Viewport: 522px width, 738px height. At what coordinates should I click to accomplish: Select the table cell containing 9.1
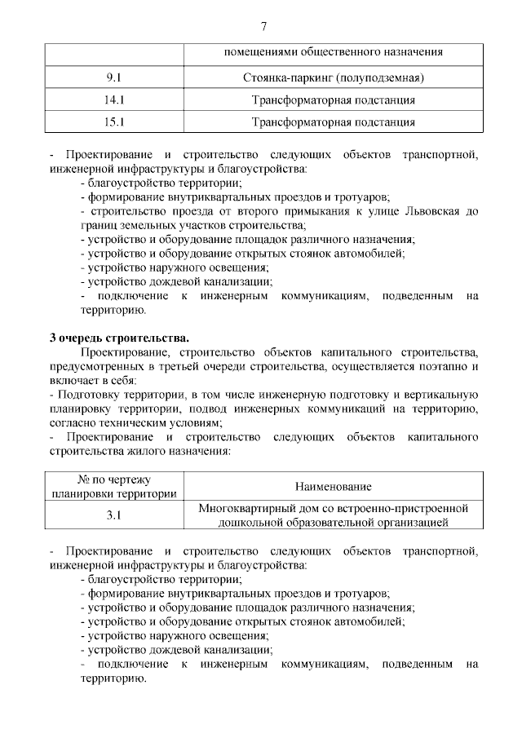pyautogui.click(x=113, y=78)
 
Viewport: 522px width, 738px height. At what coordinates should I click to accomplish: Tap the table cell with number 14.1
pyautogui.click(x=113, y=100)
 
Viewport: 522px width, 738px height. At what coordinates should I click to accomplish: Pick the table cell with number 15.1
pyautogui.click(x=113, y=122)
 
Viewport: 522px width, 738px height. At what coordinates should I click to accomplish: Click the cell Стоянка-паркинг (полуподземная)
pyautogui.click(x=334, y=78)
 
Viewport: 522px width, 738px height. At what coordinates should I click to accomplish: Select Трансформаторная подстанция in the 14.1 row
pyautogui.click(x=334, y=100)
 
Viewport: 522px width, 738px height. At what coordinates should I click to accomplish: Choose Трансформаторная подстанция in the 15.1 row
pyautogui.click(x=334, y=122)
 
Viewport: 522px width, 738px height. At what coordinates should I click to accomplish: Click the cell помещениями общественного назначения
pyautogui.click(x=334, y=52)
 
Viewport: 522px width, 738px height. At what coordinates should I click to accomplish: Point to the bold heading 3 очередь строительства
pyautogui.click(x=119, y=337)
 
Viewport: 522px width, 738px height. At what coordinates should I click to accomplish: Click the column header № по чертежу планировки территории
pyautogui.click(x=113, y=486)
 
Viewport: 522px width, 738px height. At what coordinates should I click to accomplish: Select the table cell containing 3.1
pyautogui.click(x=113, y=515)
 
